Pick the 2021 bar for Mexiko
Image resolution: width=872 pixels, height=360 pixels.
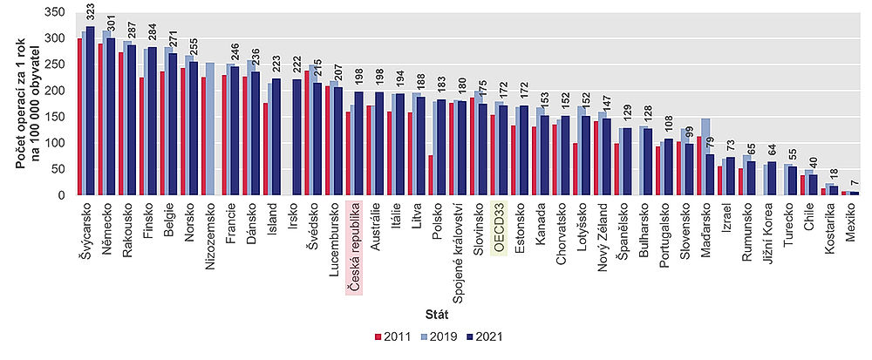855,193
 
